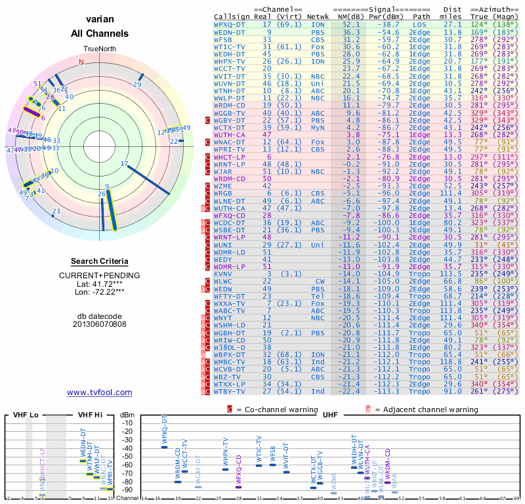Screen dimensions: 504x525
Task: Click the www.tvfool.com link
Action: (x=99, y=392)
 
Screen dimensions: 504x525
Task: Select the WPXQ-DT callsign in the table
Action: (x=230, y=24)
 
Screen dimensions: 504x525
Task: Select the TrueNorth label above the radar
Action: (x=99, y=49)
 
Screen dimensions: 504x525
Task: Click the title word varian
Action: (x=99, y=20)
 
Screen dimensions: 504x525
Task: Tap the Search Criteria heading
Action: (x=99, y=261)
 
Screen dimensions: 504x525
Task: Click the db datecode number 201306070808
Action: (x=99, y=324)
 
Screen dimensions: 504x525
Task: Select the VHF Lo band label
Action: (x=26, y=415)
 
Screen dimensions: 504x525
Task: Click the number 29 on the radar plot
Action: (x=137, y=84)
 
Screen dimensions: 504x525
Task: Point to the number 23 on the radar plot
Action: (x=56, y=211)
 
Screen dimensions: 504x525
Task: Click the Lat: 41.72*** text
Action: (x=99, y=283)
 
